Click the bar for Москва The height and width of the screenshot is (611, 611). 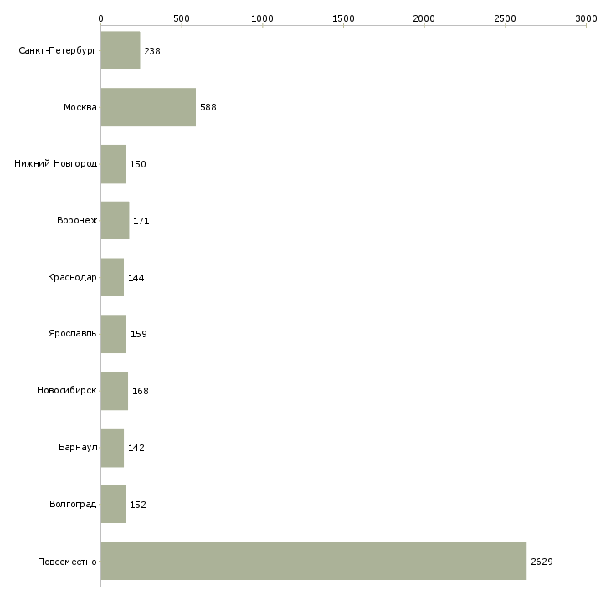pos(148,107)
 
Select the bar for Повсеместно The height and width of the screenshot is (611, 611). pos(314,561)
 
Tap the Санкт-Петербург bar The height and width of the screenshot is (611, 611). pos(121,50)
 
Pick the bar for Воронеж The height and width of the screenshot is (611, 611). pos(115,221)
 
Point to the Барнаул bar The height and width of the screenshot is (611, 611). pos(113,448)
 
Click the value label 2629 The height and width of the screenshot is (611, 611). pos(542,562)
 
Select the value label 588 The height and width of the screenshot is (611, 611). pos(208,107)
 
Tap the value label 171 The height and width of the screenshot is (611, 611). pos(141,221)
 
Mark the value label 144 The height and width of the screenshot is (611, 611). pos(136,278)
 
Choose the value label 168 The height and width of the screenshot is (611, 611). pos(141,391)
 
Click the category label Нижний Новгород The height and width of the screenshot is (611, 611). pos(56,163)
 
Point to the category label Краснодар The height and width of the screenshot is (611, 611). pos(72,277)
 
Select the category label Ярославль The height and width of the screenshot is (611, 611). pos(72,334)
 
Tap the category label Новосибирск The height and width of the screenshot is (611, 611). pos(67,390)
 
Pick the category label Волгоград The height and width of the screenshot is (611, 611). pos(73,504)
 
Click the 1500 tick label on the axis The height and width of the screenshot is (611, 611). pos(343,18)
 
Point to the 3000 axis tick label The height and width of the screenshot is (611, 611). pos(586,18)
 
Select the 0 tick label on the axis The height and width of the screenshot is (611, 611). pos(101,18)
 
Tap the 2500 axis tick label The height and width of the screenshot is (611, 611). pos(505,18)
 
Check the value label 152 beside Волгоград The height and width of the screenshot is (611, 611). pos(137,505)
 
